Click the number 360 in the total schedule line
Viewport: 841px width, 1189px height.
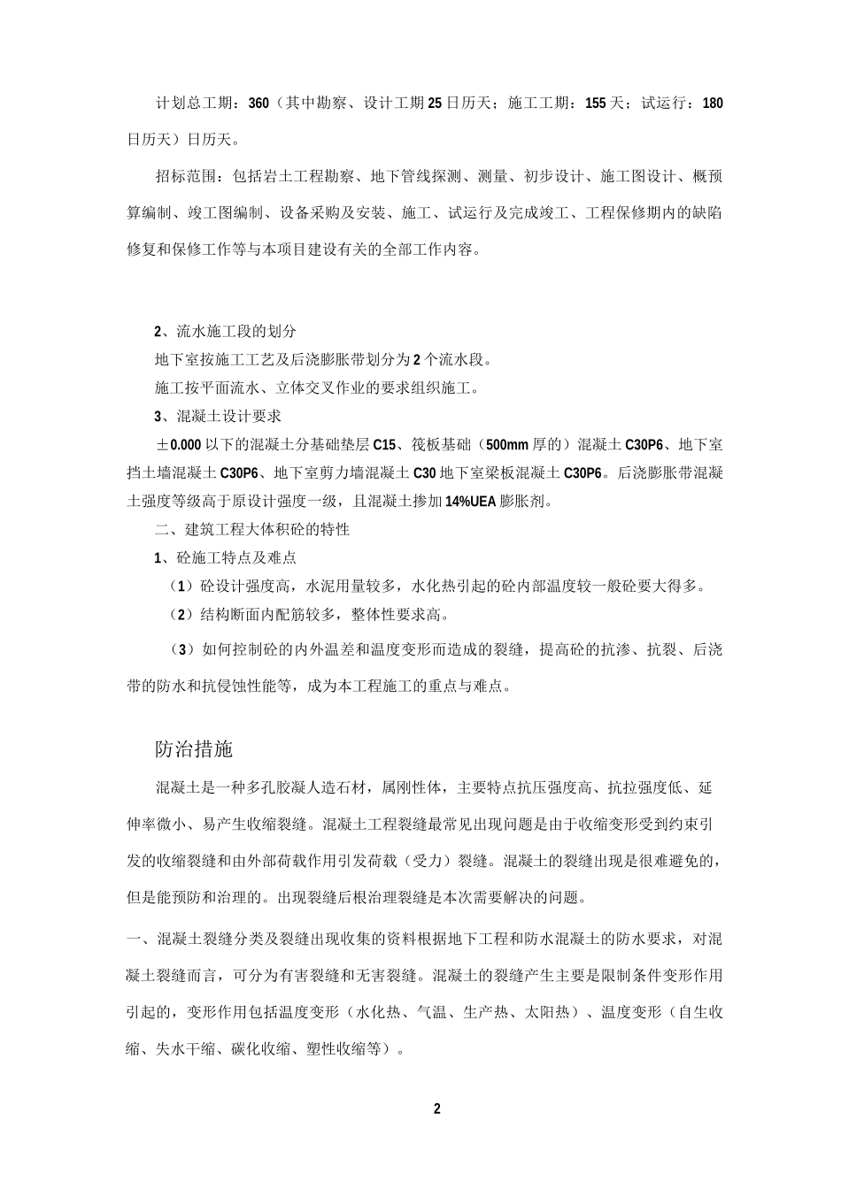tap(258, 104)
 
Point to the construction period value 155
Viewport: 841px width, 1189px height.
tap(595, 104)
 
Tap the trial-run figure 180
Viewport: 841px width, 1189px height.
tap(712, 104)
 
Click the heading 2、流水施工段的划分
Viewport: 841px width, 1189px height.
tap(225, 332)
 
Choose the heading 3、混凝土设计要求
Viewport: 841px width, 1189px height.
tap(218, 416)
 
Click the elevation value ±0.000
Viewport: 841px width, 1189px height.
tap(180, 444)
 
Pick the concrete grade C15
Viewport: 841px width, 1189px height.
tap(385, 444)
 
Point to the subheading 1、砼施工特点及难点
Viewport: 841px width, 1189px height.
tap(225, 558)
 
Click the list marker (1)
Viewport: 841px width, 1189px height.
tap(181, 586)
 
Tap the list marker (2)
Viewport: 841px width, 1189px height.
tap(181, 614)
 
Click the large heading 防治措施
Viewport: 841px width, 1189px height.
tap(194, 748)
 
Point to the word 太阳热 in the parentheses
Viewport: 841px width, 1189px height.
tap(544, 1013)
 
